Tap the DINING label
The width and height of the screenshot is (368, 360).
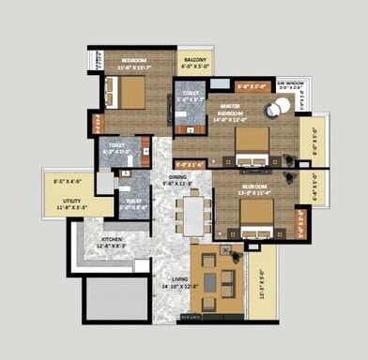(176, 176)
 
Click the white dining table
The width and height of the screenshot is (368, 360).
(193, 215)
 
